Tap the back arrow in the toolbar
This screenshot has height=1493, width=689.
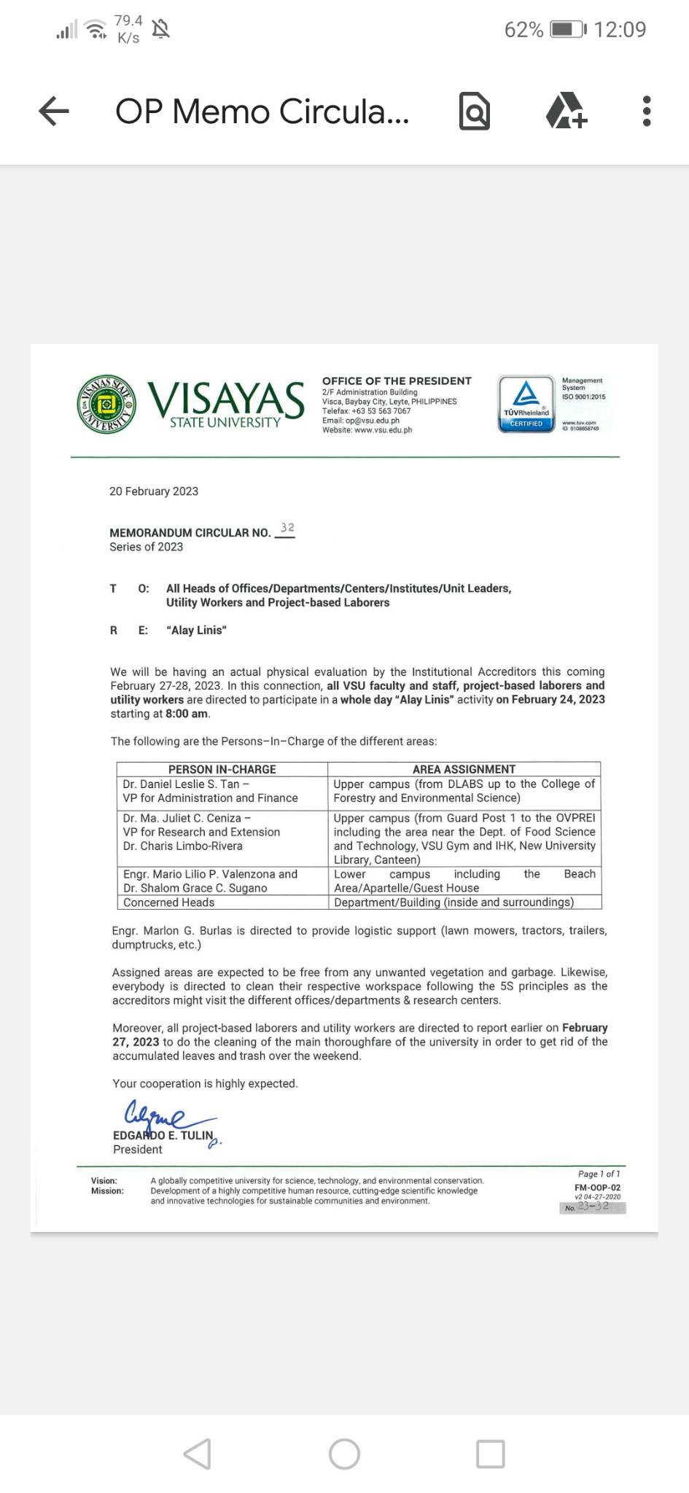coord(54,112)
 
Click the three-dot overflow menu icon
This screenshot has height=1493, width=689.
coord(646,112)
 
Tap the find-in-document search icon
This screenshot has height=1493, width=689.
coord(474,112)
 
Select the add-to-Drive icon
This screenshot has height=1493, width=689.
coord(567,112)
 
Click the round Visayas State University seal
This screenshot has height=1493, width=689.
coord(106,405)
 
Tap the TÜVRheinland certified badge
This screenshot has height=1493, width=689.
coord(526,404)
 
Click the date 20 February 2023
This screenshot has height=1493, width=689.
coord(154,491)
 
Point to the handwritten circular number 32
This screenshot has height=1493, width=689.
coord(287,528)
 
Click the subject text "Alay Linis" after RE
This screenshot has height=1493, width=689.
coord(197,631)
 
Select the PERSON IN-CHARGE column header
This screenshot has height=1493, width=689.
coord(222,769)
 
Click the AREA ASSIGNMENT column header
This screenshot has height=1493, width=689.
coord(464,769)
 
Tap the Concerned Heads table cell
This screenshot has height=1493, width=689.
coord(169,903)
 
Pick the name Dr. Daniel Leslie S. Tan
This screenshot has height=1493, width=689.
coord(182,784)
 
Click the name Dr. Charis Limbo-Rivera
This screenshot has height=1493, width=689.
coord(183,846)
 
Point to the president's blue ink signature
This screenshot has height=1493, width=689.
coord(164,1115)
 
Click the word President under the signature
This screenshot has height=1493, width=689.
coord(138,1150)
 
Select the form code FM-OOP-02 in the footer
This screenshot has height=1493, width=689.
coord(597,1188)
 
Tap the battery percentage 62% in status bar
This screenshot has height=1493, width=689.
coord(523,30)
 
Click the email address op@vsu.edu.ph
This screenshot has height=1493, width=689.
coord(373,421)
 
